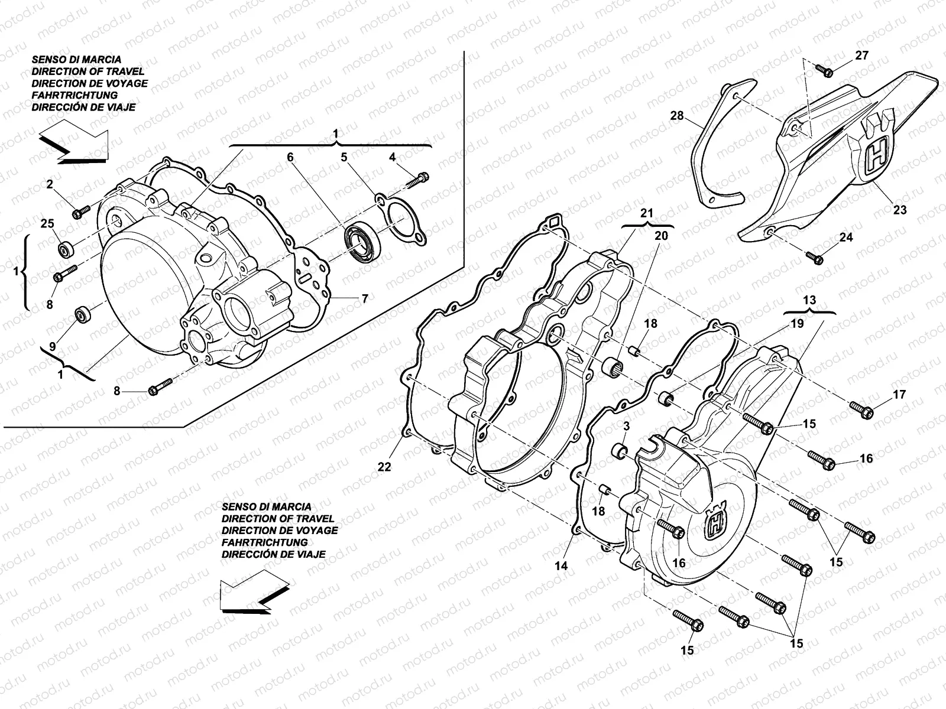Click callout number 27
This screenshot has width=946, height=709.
[x=862, y=55]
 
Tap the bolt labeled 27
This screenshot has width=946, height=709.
[x=825, y=71]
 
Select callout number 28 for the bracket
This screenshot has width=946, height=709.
[x=677, y=116]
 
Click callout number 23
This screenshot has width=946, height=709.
[x=900, y=209]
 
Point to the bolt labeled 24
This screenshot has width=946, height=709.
[x=816, y=258]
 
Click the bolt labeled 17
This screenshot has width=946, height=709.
[x=862, y=409]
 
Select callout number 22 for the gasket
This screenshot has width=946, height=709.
[x=384, y=467]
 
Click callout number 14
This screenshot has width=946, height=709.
[x=561, y=565]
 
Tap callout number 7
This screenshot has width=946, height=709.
[x=365, y=299]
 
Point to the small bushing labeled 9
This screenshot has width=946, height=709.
[x=82, y=314]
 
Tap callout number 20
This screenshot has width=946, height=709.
[x=661, y=235]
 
